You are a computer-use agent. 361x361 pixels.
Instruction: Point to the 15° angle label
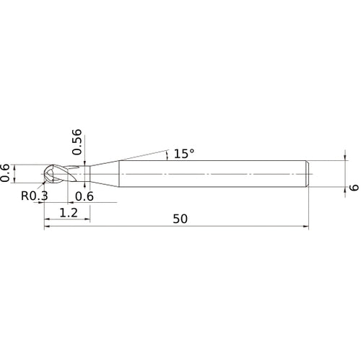(x=182, y=154)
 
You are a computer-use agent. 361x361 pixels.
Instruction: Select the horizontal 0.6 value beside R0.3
(x=84, y=196)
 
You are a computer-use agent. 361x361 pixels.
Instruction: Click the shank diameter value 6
(x=354, y=186)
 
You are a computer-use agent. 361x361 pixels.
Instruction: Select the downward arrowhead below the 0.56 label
(x=85, y=161)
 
